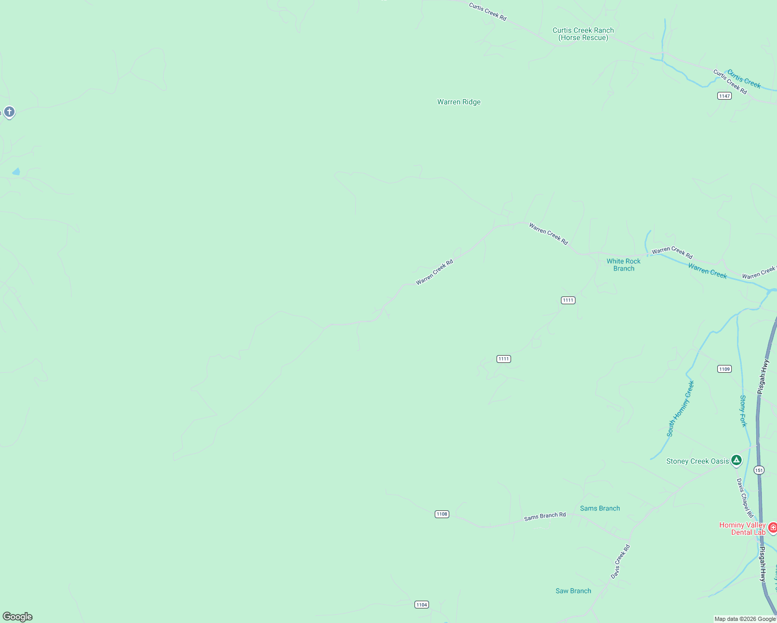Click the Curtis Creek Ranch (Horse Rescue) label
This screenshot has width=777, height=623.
583,34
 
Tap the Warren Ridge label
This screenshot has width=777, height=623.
459,102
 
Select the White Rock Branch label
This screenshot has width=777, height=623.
623,265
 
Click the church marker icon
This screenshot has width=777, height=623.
9,112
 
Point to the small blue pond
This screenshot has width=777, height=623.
16,171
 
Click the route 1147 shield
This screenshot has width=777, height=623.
724,96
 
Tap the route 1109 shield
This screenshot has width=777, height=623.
724,369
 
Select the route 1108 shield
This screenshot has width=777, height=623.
441,514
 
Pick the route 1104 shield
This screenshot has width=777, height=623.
421,604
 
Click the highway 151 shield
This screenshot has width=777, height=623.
759,470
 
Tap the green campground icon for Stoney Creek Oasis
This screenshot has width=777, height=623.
736,460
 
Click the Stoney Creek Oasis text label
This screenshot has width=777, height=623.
697,462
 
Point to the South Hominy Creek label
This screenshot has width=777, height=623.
680,409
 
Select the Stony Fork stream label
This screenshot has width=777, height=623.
743,411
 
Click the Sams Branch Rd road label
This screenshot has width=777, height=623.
544,516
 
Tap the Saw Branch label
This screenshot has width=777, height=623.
573,591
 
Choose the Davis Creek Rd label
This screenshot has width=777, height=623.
620,562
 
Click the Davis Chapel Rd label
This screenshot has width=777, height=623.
744,498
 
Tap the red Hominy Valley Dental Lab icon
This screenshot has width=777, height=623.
772,528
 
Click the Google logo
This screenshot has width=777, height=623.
18,617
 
